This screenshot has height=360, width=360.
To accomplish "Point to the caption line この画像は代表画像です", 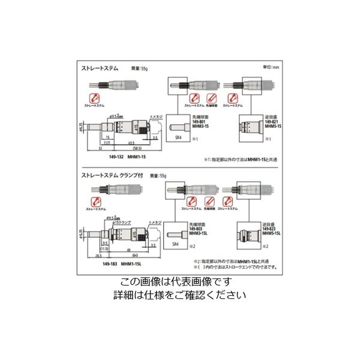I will click(179, 283).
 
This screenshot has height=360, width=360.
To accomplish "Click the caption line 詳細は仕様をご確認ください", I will click(179, 295).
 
